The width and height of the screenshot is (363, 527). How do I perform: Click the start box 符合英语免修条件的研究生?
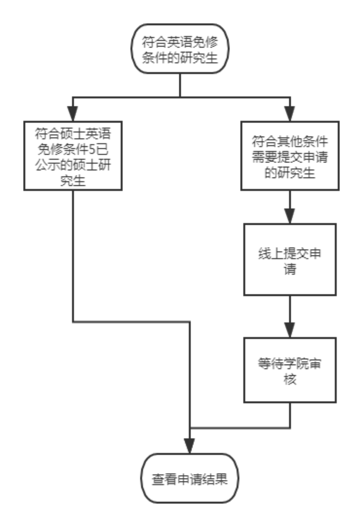point(180,49)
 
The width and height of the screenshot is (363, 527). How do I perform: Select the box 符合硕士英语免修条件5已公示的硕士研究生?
point(73,156)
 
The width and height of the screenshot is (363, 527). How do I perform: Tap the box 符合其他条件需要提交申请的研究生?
point(290,156)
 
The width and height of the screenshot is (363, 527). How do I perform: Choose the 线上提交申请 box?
point(290,259)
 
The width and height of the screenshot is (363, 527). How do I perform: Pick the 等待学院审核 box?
point(290,370)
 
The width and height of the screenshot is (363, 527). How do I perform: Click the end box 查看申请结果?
point(190,479)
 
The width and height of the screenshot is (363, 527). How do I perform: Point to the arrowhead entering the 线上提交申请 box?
point(290,216)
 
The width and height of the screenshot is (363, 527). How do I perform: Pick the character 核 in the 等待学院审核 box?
point(290,379)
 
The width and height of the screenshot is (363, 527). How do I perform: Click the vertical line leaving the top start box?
point(180,85)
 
